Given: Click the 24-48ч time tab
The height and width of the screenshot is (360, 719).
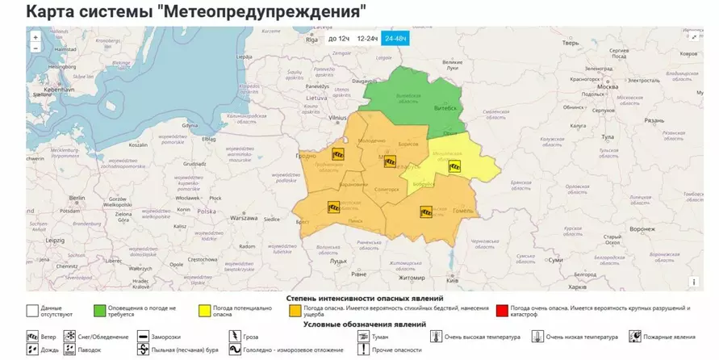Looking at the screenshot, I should click(396, 38).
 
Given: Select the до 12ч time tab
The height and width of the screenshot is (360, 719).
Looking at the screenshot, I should click(339, 38).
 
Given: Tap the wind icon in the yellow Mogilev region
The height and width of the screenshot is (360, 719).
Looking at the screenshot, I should click(454, 166).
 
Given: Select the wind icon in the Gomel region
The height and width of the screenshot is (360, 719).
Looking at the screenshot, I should click(426, 212).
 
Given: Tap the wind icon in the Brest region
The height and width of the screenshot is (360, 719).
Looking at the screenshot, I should click(332, 207).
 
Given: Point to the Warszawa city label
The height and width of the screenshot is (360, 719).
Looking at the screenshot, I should click(244, 218).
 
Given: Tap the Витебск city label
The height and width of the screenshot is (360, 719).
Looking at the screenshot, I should click(447, 107).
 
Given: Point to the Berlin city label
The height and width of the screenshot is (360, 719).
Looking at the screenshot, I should click(77, 197).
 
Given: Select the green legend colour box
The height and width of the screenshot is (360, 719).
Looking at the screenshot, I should click(99, 310).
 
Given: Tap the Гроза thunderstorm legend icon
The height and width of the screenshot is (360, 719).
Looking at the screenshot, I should click(234, 337).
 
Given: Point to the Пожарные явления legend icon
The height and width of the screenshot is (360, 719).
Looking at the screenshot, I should click(635, 337).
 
